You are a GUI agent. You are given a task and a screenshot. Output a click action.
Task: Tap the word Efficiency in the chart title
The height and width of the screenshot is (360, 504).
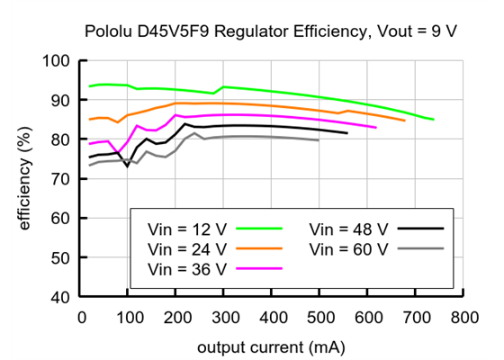[x=317, y=31]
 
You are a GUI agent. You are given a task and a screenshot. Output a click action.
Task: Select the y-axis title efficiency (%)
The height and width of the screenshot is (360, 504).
[x=25, y=179]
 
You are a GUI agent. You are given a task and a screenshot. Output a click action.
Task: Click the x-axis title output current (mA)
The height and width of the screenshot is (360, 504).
[x=272, y=345]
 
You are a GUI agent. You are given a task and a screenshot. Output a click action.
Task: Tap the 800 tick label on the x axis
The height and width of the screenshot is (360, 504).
[x=463, y=318]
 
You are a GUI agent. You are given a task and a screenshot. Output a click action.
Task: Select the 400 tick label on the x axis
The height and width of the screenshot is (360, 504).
[x=272, y=318]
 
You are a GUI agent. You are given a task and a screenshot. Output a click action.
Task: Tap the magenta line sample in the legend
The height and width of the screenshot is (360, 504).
[x=258, y=267]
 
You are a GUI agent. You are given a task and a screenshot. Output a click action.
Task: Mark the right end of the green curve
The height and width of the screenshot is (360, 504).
[x=433, y=119]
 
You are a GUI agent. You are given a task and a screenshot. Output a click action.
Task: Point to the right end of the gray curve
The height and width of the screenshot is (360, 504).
[x=319, y=140]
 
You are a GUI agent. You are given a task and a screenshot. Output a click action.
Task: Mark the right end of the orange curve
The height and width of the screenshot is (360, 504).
[x=404, y=120]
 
